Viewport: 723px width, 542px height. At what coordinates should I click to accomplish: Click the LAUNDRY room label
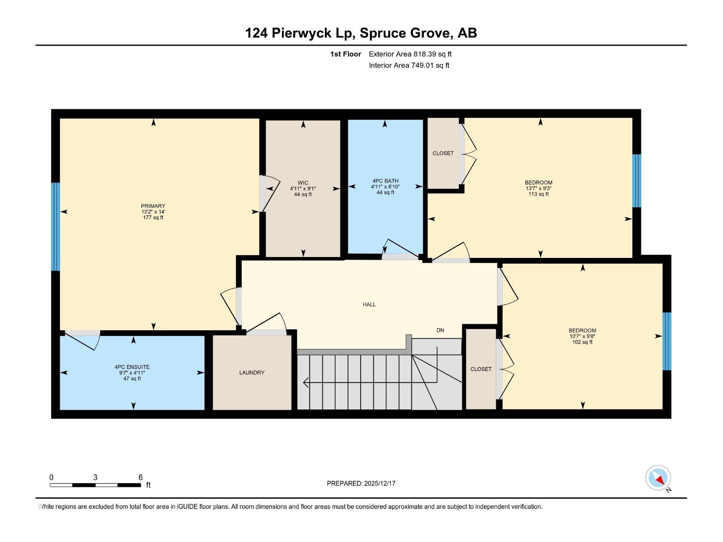(x=252, y=373)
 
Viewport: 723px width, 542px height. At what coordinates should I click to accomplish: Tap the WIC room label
(x=303, y=183)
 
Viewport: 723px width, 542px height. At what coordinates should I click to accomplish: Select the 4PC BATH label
(x=385, y=181)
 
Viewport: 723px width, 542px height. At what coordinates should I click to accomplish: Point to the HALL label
(x=369, y=304)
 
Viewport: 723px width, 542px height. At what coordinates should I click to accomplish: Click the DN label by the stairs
(x=440, y=330)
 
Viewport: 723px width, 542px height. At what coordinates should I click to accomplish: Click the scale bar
(x=95, y=485)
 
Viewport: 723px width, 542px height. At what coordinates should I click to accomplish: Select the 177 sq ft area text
(x=153, y=218)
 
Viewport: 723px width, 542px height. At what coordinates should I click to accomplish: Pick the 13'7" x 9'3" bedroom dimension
(x=538, y=188)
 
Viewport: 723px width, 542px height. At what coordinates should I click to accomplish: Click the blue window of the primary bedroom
(x=56, y=227)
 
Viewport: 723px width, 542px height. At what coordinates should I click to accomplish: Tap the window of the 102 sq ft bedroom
(x=667, y=341)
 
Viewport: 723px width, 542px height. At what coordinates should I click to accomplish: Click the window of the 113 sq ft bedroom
(x=636, y=181)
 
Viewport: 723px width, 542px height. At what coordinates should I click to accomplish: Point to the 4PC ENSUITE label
(x=132, y=367)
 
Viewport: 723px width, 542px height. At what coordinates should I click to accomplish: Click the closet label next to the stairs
(x=481, y=369)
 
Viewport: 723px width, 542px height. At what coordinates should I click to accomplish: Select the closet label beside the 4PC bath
(x=443, y=153)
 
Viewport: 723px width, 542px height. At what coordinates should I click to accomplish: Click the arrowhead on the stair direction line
(x=306, y=383)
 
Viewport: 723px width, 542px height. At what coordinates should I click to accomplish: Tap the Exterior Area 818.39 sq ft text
(x=410, y=54)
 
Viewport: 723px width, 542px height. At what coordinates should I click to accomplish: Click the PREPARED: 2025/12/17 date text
(x=361, y=483)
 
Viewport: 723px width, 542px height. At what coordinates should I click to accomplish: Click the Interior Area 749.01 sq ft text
(x=409, y=65)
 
